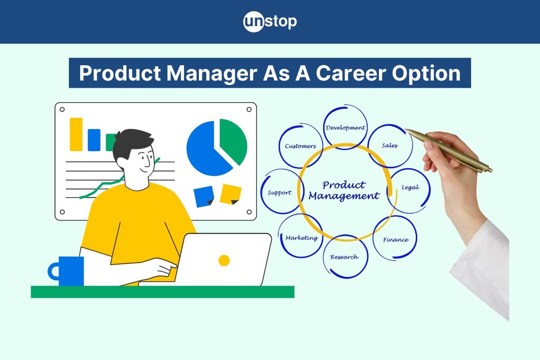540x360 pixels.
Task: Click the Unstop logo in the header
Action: point(270,22)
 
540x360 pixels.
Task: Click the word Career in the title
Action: point(351,73)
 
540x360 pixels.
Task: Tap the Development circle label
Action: point(346,127)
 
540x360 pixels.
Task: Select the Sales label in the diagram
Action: point(390,145)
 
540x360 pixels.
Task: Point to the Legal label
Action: point(410,187)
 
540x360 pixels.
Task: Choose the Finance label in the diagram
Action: point(396,239)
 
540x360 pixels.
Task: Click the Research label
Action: point(344,257)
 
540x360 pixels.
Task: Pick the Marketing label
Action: point(302,238)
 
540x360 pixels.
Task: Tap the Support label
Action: point(279,193)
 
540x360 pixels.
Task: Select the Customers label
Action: point(301,146)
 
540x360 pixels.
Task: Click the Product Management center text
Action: point(344,191)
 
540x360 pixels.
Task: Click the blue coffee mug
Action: point(66,271)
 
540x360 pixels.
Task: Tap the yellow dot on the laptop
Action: point(224,261)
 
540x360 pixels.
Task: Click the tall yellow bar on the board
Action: point(76,134)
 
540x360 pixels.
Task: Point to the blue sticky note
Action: point(204,197)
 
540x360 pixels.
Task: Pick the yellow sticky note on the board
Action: point(230,194)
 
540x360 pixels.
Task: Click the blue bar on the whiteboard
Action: point(94,140)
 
